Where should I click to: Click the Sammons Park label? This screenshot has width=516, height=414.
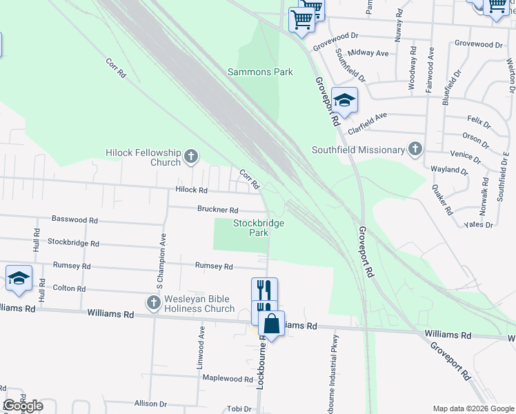click(260, 72)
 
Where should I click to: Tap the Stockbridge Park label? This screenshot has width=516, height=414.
click(259, 228)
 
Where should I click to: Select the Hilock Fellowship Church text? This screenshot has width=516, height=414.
click(143, 157)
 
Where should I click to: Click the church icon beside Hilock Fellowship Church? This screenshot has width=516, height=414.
click(191, 158)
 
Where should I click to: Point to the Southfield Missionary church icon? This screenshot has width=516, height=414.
click(415, 148)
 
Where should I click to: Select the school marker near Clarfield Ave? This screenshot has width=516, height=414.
click(344, 101)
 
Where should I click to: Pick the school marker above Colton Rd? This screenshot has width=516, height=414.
click(19, 279)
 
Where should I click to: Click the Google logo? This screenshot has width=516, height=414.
click(23, 406)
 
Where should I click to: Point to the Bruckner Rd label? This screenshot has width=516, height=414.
click(217, 210)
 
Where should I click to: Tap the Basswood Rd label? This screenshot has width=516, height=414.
click(75, 219)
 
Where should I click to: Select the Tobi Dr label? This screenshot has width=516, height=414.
click(239, 408)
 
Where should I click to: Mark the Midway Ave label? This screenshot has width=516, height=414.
click(369, 52)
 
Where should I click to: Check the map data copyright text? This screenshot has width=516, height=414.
click(472, 408)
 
